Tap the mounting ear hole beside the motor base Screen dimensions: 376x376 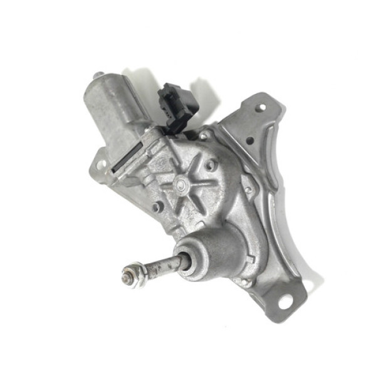tap(100, 164)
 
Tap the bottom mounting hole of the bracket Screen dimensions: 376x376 tap(285, 301)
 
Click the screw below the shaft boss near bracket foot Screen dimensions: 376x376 tap(246, 281)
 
